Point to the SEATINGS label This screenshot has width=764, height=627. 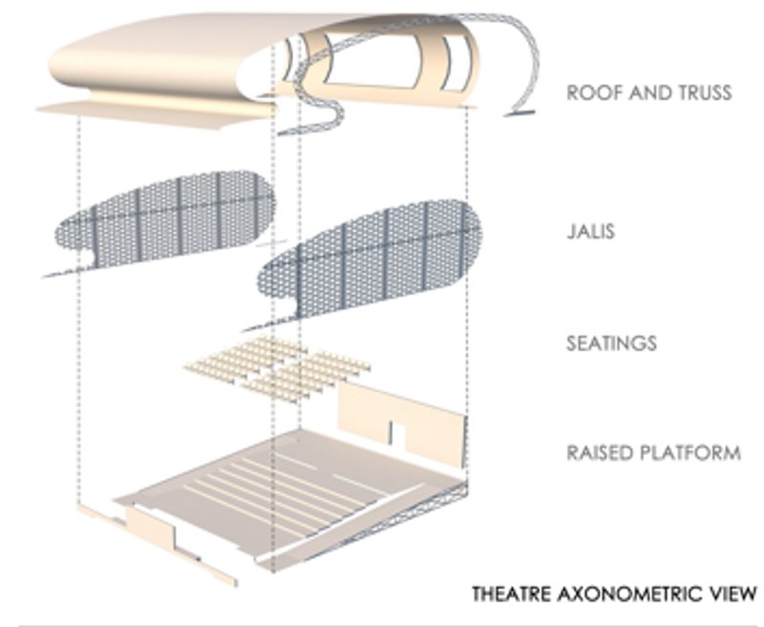[611, 344]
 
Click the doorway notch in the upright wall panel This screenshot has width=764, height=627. [397, 434]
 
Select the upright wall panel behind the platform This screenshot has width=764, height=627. [402, 423]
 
